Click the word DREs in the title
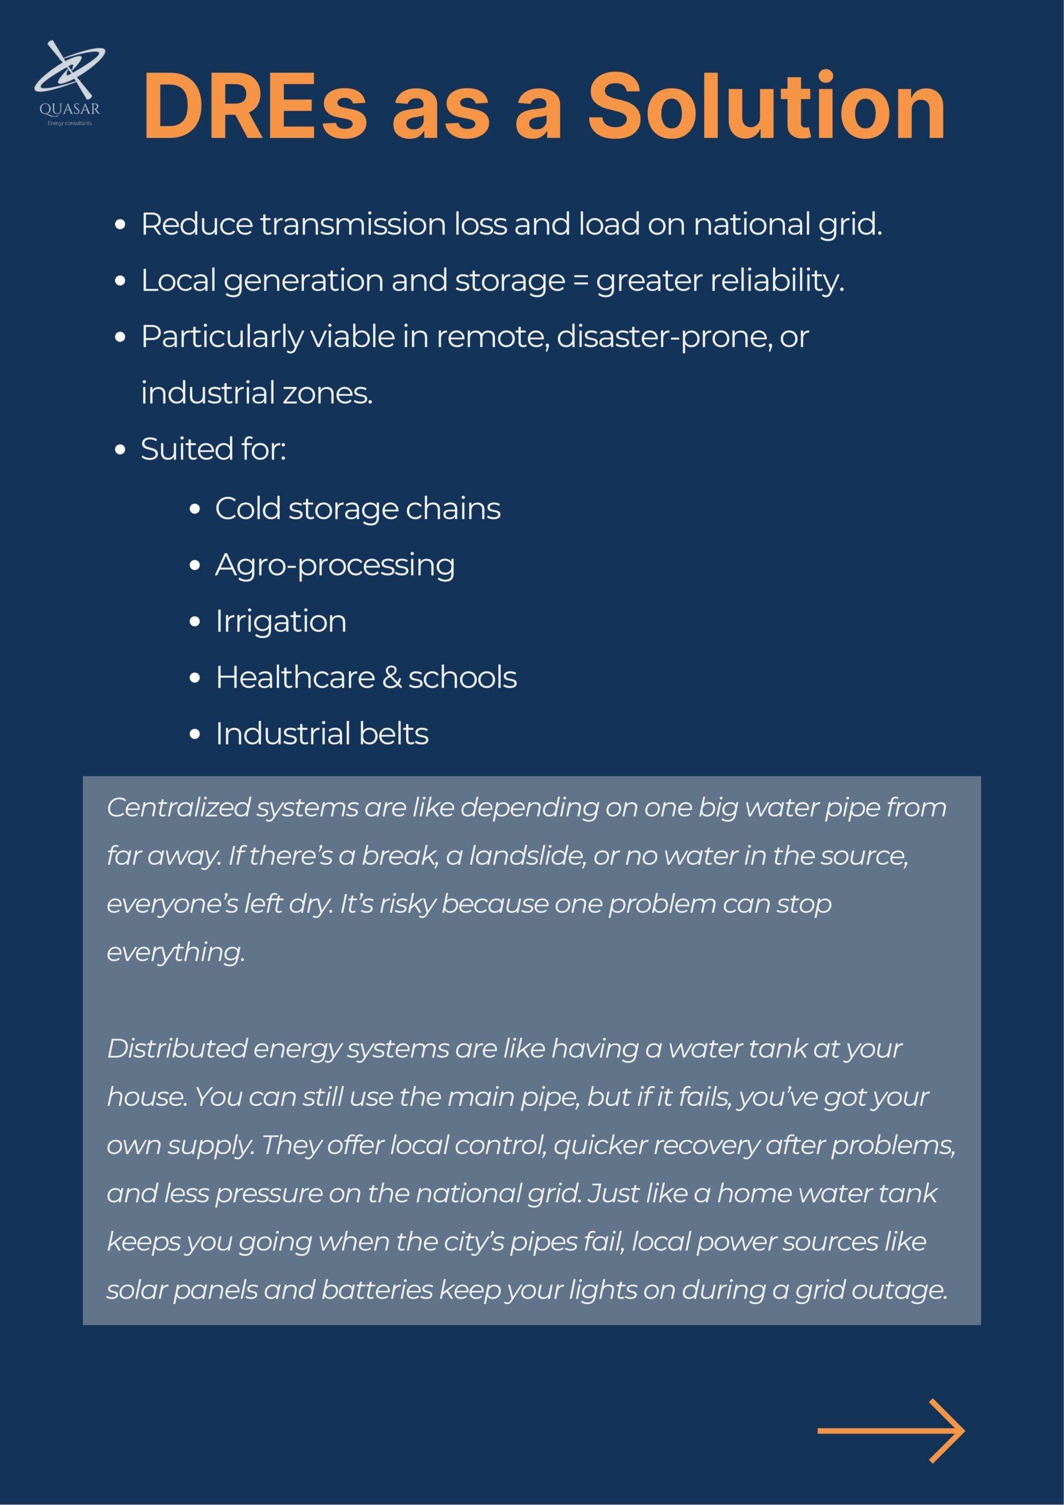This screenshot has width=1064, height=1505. (255, 106)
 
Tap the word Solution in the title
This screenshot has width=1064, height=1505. (766, 106)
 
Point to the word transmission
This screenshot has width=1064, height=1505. (353, 225)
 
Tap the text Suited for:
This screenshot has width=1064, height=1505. (213, 450)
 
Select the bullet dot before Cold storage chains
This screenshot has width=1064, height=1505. (194, 510)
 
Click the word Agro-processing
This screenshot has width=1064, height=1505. (334, 566)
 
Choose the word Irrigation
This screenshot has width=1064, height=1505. (280, 621)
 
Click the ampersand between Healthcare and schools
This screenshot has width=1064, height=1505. (392, 678)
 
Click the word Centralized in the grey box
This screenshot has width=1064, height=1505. (178, 808)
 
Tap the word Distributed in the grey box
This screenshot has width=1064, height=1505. (176, 1048)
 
